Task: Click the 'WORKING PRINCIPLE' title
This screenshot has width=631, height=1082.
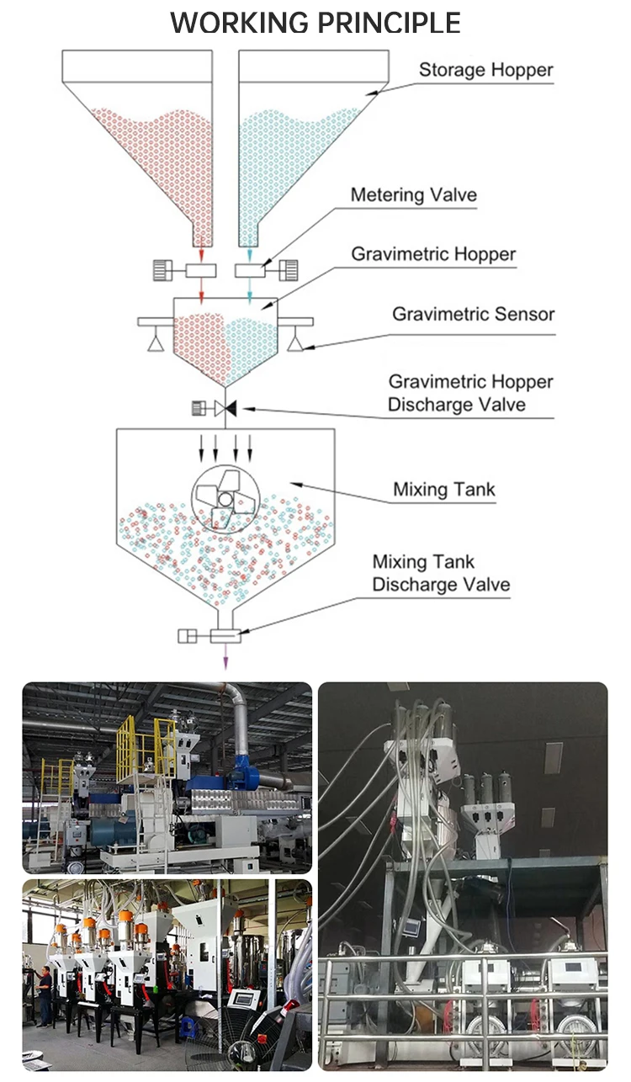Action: (x=315, y=23)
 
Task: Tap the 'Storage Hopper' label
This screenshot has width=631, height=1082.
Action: (x=485, y=70)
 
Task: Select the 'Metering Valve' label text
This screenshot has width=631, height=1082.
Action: (x=414, y=194)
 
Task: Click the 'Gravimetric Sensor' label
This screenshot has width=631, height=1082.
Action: (x=473, y=314)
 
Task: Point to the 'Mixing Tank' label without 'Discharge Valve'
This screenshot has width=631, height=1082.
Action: (x=444, y=490)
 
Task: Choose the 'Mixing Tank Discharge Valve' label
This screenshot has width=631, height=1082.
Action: (x=441, y=573)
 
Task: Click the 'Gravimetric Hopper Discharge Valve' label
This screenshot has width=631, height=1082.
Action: (x=470, y=393)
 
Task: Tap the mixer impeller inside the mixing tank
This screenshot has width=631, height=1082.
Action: (x=225, y=498)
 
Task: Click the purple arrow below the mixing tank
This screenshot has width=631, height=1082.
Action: (x=225, y=656)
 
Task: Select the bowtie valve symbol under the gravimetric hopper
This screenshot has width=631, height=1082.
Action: (x=225, y=409)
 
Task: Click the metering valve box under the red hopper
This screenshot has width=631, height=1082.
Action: (x=201, y=271)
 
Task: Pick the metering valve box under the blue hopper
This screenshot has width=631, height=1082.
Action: (x=250, y=271)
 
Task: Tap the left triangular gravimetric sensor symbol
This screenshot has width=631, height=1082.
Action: (x=155, y=342)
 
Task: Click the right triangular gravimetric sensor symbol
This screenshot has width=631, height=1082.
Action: (x=295, y=342)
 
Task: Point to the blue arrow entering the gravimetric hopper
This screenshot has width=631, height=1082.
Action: (x=250, y=291)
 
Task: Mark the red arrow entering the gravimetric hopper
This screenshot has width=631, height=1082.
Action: (x=201, y=291)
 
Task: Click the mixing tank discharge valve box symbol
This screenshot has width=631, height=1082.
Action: (x=225, y=636)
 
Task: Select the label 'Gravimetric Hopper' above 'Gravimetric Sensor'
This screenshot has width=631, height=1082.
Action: (x=433, y=254)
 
